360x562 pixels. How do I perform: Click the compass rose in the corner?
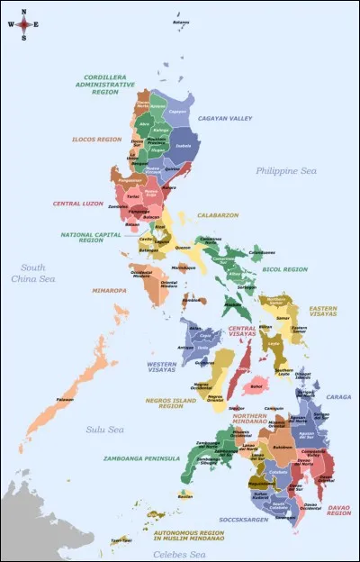coord(24,25)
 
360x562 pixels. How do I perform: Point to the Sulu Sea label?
coord(105,431)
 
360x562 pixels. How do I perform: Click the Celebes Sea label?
coord(179,554)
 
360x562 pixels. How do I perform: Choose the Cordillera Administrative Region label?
coord(98,84)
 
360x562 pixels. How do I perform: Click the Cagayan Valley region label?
coord(225,118)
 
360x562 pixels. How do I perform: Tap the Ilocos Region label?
coord(96,140)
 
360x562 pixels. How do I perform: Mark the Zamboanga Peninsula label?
coord(140,458)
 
